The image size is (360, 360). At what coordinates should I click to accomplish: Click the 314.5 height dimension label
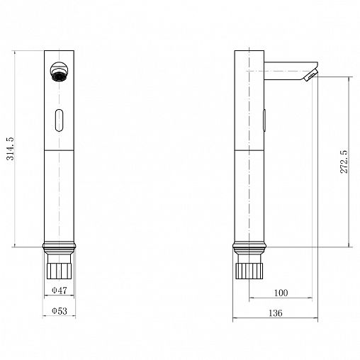(x=11, y=149)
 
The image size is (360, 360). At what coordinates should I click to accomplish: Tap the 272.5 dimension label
(x=344, y=162)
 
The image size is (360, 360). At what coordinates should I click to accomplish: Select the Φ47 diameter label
(x=60, y=291)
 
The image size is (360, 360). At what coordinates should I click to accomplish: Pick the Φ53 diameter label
(x=60, y=311)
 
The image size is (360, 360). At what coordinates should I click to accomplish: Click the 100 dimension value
(x=281, y=293)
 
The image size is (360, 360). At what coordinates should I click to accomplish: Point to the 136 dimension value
(x=276, y=313)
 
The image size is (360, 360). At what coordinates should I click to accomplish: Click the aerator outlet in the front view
(x=59, y=72)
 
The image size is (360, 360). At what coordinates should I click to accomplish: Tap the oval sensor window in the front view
(x=59, y=120)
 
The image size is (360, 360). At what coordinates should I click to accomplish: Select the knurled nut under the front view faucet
(x=59, y=271)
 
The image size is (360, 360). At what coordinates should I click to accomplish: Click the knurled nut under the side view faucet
(x=249, y=271)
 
